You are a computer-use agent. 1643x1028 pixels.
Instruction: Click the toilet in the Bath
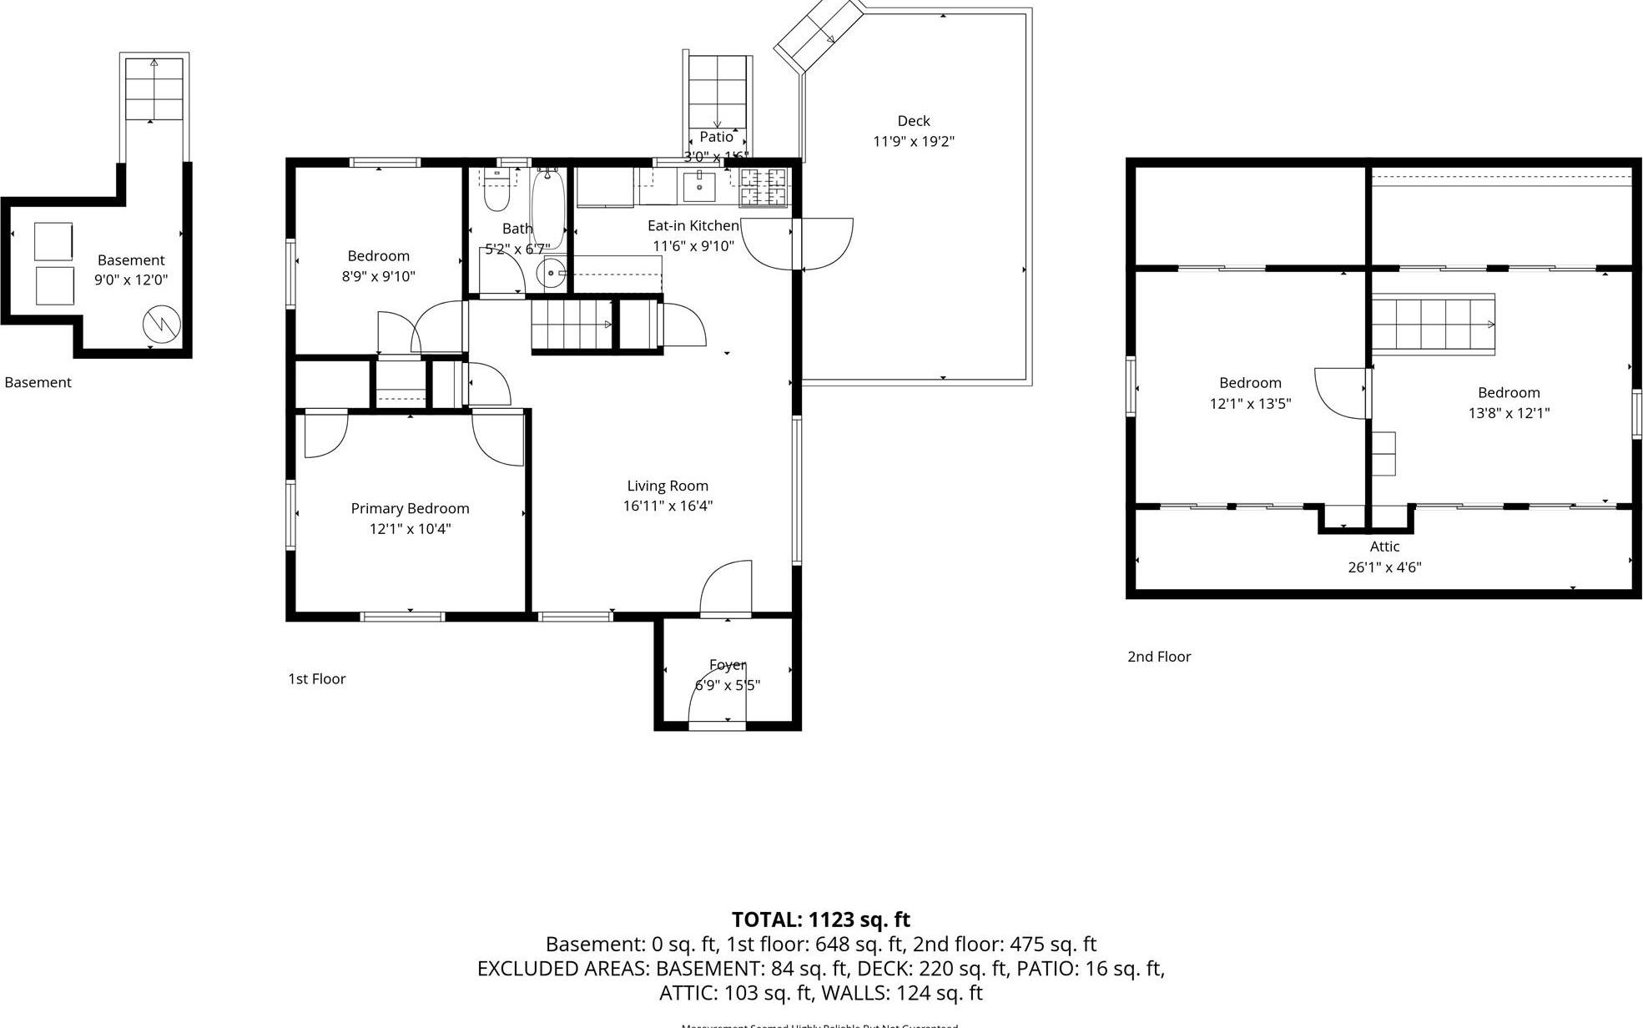pos(496,195)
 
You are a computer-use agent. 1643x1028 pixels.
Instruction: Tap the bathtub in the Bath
pos(547,209)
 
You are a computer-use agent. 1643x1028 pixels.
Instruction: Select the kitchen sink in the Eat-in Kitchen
pos(698,186)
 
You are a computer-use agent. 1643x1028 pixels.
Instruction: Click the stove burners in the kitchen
pos(764,187)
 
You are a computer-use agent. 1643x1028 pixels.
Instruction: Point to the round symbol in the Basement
pos(162,325)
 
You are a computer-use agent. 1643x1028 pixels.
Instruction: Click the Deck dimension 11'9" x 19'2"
pos(913,142)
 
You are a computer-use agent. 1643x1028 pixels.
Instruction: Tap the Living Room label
pos(668,486)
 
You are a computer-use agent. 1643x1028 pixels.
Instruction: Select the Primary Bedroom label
pos(410,508)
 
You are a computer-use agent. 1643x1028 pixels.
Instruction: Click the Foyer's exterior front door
pos(716,701)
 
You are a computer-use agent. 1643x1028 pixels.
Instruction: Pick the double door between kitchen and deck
pos(798,244)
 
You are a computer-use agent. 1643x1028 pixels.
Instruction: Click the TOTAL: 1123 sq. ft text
pos(820,920)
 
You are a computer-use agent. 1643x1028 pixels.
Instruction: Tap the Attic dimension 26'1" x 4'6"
pos(1384,567)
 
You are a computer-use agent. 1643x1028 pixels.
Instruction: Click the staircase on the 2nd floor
pos(1433,324)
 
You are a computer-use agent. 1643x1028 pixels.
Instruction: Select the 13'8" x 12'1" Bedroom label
pos(1509,393)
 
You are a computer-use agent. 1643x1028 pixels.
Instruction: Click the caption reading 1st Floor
pos(316,678)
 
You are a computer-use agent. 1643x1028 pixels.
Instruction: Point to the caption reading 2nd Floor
pos(1159,657)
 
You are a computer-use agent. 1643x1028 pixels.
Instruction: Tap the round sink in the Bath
pos(550,273)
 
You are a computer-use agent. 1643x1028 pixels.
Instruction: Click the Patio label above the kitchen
pos(716,137)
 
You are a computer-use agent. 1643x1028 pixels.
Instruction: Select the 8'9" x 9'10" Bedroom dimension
pos(378,276)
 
